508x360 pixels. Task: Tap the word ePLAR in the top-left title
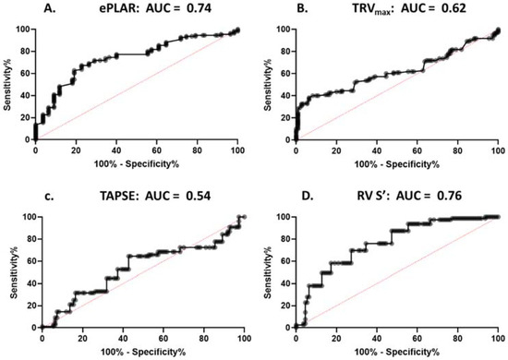tap(116, 9)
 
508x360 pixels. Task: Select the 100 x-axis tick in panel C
tap(243, 338)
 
